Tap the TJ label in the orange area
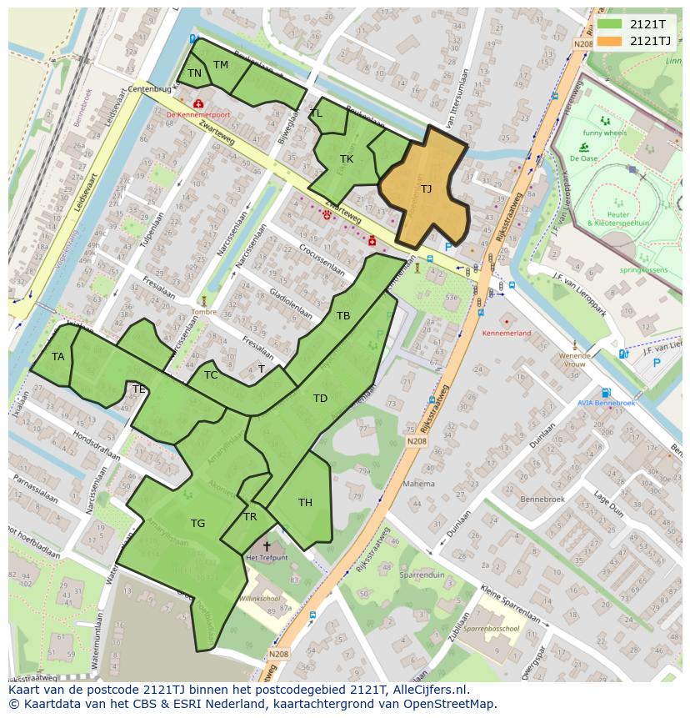coord(426,188)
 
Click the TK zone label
coord(347,158)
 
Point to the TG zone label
coord(197,524)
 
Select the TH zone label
coord(305,502)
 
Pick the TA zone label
coord(57,356)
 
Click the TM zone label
coord(220,64)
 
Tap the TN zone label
coord(194,73)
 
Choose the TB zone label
coord(343,315)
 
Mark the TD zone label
coord(320,398)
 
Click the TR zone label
coord(250,516)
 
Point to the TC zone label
coord(211,374)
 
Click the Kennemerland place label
coord(507,333)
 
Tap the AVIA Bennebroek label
coord(606,403)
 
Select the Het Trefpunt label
coord(266,557)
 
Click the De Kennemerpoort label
coord(198,114)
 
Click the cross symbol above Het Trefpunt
coord(267,546)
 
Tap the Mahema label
coord(418,483)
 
